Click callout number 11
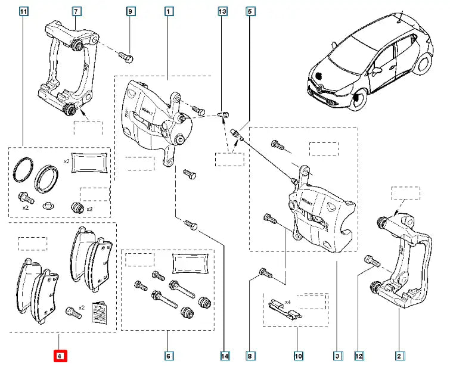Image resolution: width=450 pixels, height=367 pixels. pos(23,11)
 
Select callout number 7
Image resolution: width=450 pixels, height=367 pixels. pos(76,11)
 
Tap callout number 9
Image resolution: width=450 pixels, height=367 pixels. pos(131,11)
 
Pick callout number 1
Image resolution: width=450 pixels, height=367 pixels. pos(169,11)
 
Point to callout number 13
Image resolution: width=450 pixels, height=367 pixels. pos(222,11)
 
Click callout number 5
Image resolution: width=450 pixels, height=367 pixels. pos(250,11)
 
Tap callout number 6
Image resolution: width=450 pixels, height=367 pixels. pos(168,357)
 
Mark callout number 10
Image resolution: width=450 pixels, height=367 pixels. pos(297,357)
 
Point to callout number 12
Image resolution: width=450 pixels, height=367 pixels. pos(358,357)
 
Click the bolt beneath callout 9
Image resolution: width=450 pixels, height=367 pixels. pos(126,57)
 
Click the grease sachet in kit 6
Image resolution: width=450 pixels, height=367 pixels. pos(190,263)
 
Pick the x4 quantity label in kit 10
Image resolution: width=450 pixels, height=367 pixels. pos(288,302)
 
